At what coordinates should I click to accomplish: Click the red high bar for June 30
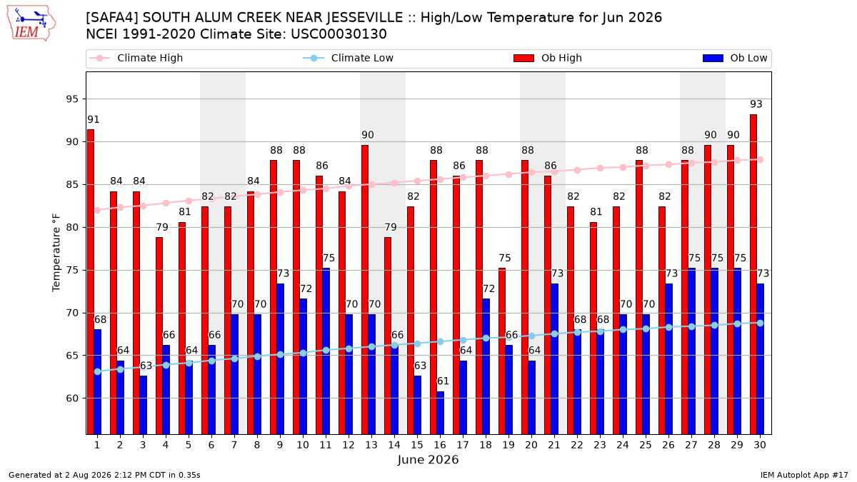pos(753,274)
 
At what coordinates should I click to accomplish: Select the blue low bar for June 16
pos(441,413)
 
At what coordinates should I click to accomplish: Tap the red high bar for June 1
pos(91,282)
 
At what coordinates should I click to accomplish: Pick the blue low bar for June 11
pos(326,351)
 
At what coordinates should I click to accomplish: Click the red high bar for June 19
pos(502,351)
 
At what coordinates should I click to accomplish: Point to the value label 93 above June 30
pos(756,104)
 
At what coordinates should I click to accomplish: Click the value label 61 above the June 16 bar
pos(443,381)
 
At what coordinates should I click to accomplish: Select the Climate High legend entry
pos(136,58)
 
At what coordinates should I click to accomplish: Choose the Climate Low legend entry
pos(349,58)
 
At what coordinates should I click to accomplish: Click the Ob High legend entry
pos(548,58)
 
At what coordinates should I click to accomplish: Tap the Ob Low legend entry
pos(735,58)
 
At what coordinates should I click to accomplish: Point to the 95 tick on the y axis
pos(72,99)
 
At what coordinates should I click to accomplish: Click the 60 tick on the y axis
pos(72,398)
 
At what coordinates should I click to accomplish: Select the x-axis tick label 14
pos(394,446)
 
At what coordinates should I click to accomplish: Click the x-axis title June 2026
pos(428,459)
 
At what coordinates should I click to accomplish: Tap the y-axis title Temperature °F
pos(56,253)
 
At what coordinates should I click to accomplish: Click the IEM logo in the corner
pos(31,24)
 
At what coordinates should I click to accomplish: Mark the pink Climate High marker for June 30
pos(760,159)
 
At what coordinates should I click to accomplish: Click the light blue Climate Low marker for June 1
pos(98,371)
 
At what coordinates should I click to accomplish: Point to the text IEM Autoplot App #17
pos(804,475)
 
